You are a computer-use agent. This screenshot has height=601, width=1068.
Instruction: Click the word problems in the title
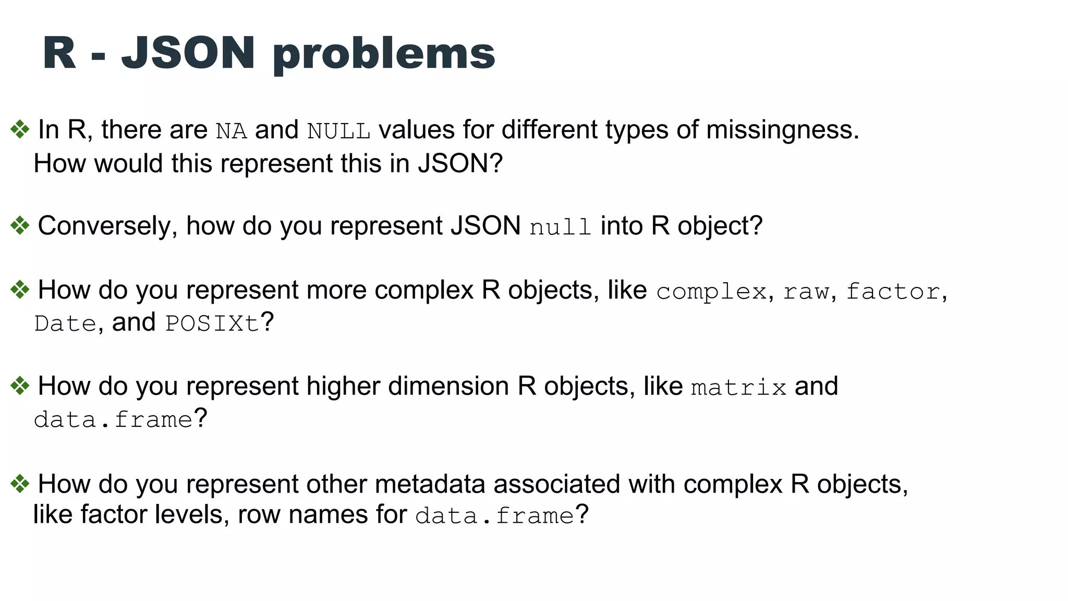[x=384, y=55]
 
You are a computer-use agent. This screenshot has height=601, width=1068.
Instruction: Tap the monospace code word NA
[x=231, y=131]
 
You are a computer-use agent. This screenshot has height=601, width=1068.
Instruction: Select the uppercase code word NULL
[x=338, y=131]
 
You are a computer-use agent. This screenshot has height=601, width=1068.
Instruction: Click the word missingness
[x=782, y=130]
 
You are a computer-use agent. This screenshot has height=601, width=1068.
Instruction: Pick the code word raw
[x=806, y=292]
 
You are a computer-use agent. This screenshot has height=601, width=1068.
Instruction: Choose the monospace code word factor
[x=893, y=292]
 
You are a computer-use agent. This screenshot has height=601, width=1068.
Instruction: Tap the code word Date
[x=65, y=323]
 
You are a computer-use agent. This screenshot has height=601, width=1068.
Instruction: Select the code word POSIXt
[x=212, y=323]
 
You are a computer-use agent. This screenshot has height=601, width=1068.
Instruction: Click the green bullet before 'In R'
[x=20, y=129]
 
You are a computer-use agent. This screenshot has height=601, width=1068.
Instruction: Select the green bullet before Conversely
[x=20, y=226]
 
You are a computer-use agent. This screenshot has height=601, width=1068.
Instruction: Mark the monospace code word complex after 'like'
[x=711, y=292]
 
